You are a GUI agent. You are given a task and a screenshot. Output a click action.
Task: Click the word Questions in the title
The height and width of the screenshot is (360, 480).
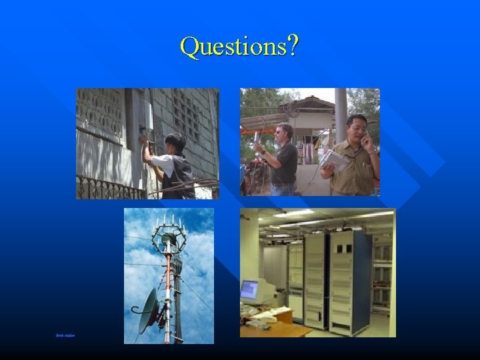coord(232,47)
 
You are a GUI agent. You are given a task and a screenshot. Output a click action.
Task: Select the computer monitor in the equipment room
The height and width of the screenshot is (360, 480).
coord(249,290)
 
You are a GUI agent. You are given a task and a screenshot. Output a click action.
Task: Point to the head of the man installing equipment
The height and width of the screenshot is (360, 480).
coord(175,141)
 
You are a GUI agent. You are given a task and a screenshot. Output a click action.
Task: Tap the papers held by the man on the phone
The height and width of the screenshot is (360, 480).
coord(333,161)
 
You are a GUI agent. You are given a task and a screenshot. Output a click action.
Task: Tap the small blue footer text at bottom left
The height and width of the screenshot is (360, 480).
coord(65,335)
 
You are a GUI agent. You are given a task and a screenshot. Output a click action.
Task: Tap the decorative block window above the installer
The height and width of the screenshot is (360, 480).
coord(101,111)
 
